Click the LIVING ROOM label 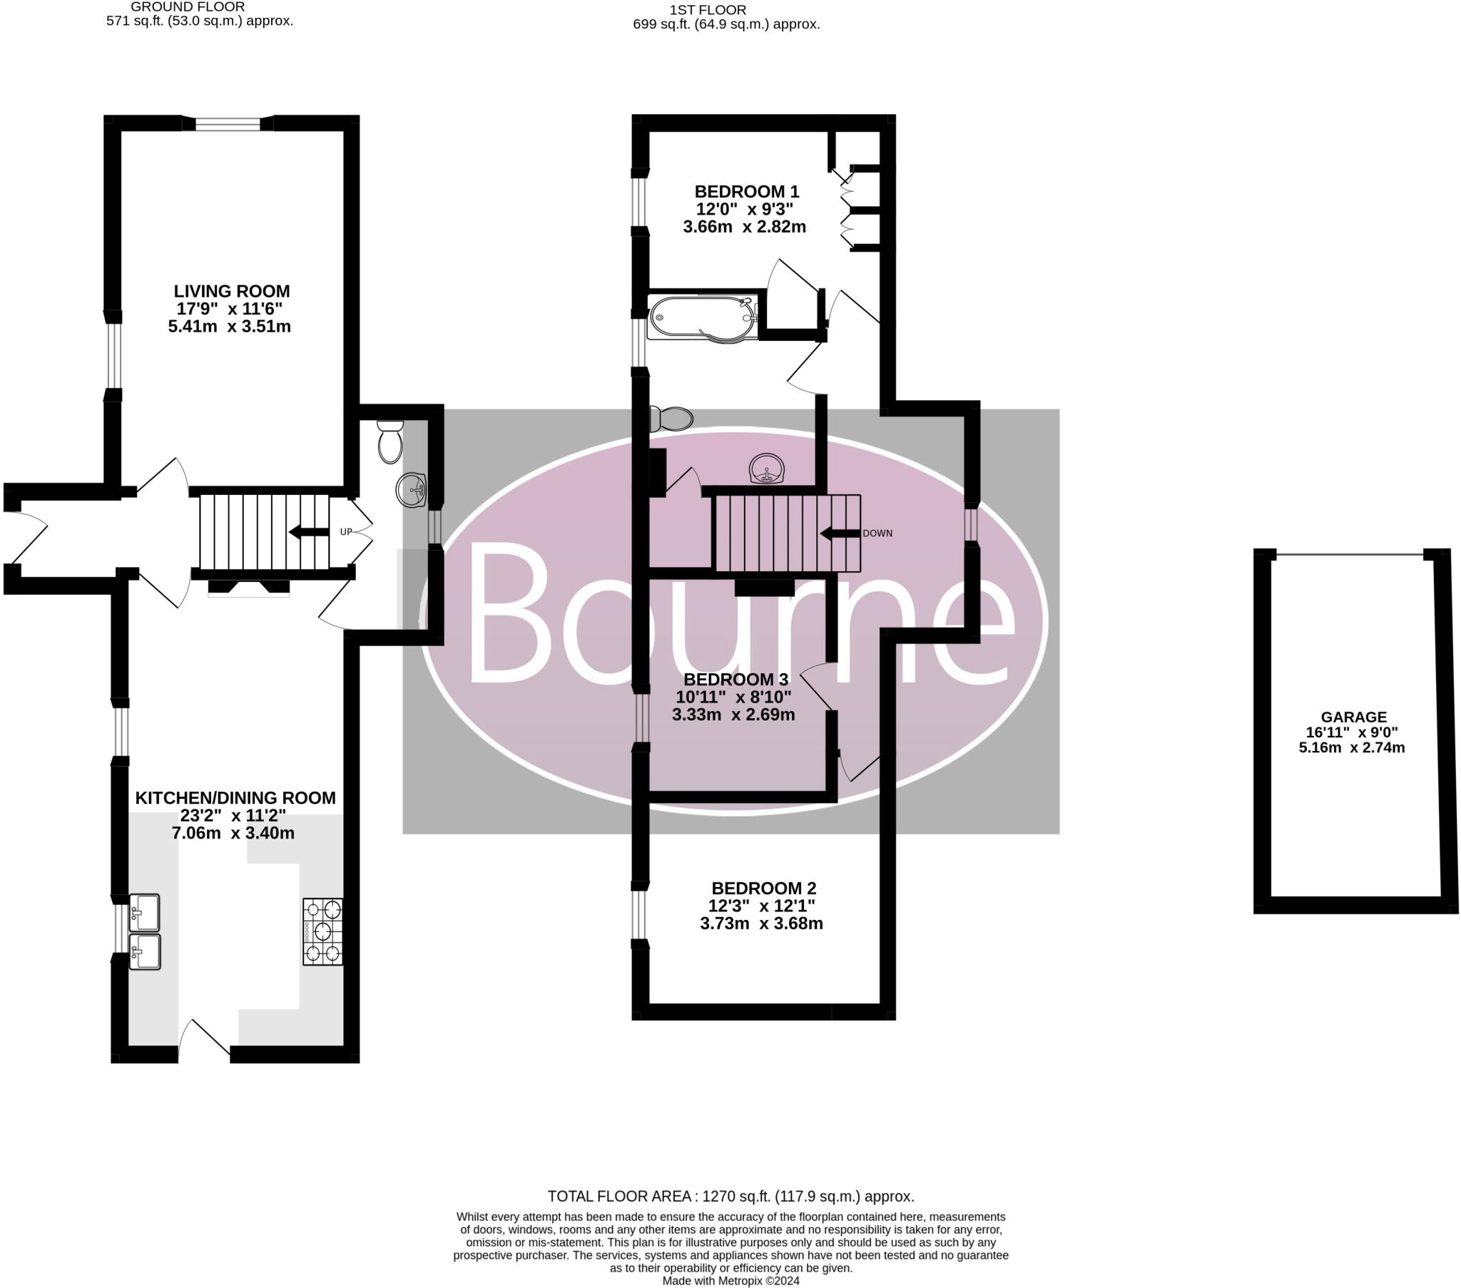232,292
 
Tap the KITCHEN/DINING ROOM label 235,798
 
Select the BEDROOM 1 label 746,192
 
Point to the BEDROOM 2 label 763,889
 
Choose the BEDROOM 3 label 735,679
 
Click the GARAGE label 1353,717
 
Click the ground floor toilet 390,440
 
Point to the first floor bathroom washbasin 766,469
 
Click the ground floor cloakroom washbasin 410,491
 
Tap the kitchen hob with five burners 322,931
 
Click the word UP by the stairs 346,532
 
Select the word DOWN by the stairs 877,533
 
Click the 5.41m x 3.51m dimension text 230,327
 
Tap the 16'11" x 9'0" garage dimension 1351,732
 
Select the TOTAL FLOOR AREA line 730,1197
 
